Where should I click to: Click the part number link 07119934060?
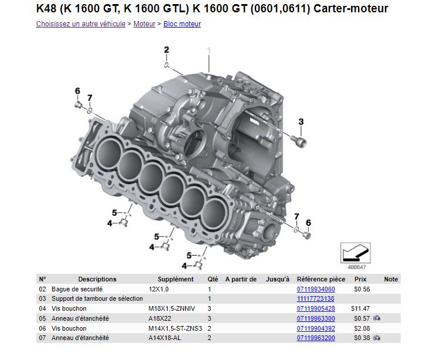pyautogui.click(x=316, y=289)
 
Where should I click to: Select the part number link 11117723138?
pyautogui.click(x=315, y=298)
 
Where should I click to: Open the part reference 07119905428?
pyautogui.click(x=316, y=308)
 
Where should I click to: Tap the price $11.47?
pyautogui.click(x=360, y=308)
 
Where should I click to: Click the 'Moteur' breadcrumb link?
pyautogui.click(x=144, y=24)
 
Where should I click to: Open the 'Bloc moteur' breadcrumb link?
pyautogui.click(x=182, y=24)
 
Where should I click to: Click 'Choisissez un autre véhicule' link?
pyautogui.click(x=81, y=24)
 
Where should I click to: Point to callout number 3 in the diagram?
pyautogui.click(x=301, y=121)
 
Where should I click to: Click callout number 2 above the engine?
pyautogui.click(x=166, y=50)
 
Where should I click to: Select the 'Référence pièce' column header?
pyautogui.click(x=321, y=279)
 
